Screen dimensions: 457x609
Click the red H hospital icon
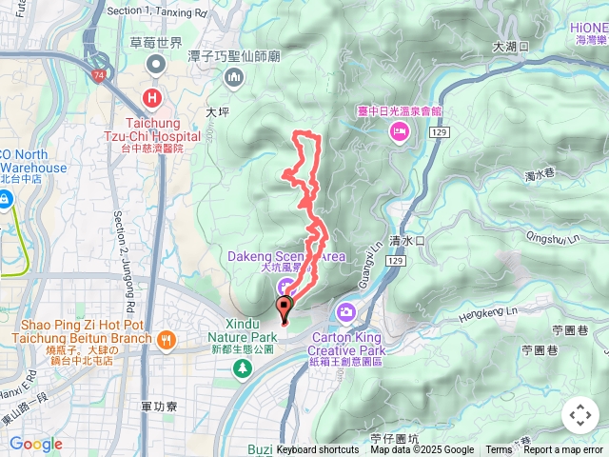coord(153,97)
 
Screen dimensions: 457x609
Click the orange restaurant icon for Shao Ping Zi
coord(167,340)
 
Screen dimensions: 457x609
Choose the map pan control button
coord(579,415)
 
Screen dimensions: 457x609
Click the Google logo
coord(35,444)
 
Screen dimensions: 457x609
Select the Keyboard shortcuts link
coord(318,450)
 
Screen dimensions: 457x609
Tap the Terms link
coord(499,450)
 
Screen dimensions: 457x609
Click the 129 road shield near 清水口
coord(397,261)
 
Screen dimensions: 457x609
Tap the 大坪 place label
coord(219,111)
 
